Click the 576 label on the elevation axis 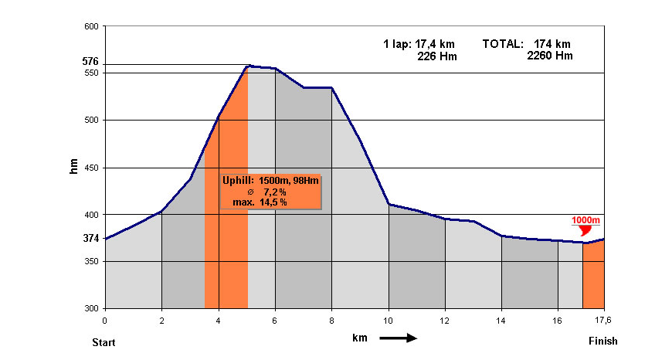[x=90, y=62]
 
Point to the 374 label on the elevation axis [x=90, y=239]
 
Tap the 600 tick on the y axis [x=90, y=26]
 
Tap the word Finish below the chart [x=602, y=341]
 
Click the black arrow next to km [x=397, y=338]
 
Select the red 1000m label [x=586, y=220]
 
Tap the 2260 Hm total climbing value [x=549, y=56]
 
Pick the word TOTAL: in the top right [x=503, y=44]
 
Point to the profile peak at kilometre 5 [x=247, y=66]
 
